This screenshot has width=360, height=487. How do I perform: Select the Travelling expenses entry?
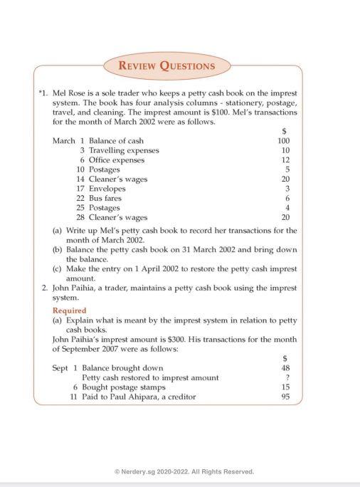[x=123, y=151]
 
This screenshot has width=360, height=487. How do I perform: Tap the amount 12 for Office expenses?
[x=285, y=160]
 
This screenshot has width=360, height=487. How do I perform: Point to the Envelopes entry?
[x=107, y=189]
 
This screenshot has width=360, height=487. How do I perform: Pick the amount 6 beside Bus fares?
[x=287, y=199]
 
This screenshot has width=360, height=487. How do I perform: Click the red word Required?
[x=70, y=310]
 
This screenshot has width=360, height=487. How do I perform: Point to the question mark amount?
[x=287, y=377]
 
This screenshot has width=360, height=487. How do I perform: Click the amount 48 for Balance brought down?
[x=285, y=368]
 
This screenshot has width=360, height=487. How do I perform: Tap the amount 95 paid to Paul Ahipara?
[x=285, y=397]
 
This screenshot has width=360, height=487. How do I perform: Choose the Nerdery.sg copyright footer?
[x=180, y=471]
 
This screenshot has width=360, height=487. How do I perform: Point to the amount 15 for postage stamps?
[x=285, y=387]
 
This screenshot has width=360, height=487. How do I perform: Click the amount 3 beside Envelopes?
[x=287, y=189]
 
